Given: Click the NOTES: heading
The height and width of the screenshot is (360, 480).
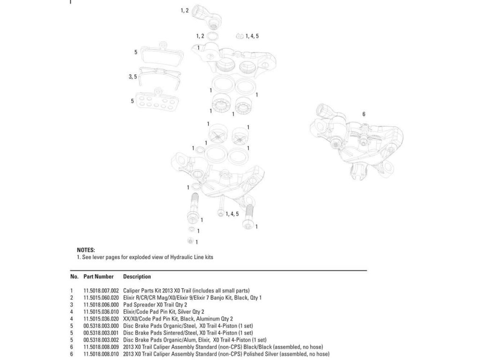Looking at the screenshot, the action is [85, 250].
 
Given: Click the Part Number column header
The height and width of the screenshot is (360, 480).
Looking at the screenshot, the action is [98, 277].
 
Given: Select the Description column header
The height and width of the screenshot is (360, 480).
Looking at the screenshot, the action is [137, 277].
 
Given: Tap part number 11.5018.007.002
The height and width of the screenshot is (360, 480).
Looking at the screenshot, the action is [101, 291].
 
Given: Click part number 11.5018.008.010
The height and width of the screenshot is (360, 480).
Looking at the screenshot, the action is [101, 353].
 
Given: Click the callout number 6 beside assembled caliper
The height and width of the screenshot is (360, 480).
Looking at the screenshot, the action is [364, 114].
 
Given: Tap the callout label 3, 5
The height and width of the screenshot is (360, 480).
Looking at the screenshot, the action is [133, 77].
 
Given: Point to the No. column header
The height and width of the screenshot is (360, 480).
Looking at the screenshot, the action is [74, 277].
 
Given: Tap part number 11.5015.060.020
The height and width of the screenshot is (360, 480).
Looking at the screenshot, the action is [101, 298].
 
